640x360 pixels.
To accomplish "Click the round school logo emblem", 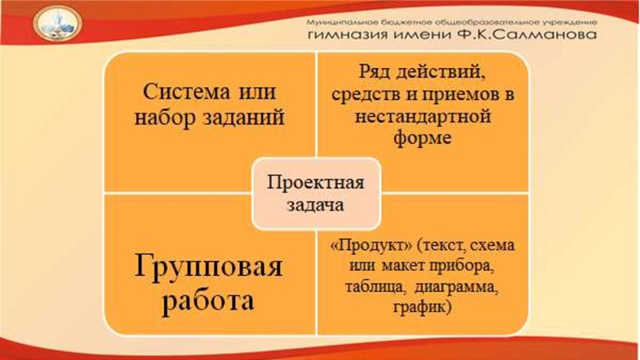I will tap(56, 29).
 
